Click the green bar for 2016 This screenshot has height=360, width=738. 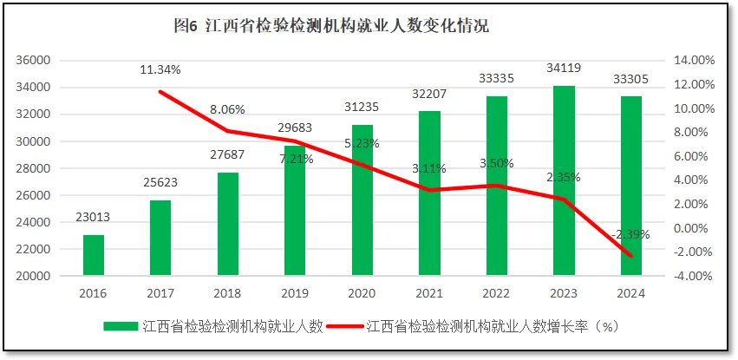(94, 255)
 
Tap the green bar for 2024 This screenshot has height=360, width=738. (631, 186)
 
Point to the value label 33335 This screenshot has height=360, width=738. (497, 79)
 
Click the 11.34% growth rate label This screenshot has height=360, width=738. (160, 69)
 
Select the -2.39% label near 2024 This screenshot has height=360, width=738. (630, 234)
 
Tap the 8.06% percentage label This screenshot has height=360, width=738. (227, 110)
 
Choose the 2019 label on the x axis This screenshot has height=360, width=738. (295, 293)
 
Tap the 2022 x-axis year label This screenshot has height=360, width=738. (497, 293)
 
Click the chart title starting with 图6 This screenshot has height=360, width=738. (332, 26)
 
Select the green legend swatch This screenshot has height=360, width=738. (121, 327)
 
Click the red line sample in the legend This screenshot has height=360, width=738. (347, 327)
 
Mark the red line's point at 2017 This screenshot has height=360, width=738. (160, 92)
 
